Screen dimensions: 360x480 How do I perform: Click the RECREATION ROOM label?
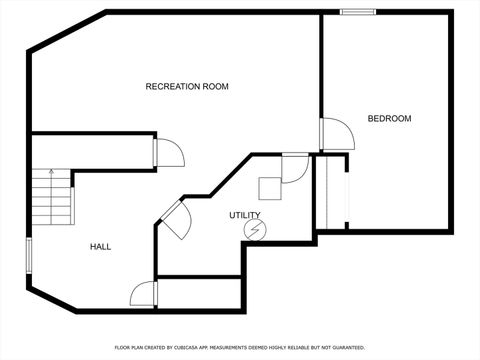[x=187, y=87]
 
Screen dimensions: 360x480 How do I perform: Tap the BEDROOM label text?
[x=389, y=119]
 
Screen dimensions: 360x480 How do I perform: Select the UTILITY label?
[x=244, y=215]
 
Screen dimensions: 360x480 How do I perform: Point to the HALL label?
[x=100, y=246]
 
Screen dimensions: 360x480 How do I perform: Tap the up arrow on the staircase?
[x=47, y=174]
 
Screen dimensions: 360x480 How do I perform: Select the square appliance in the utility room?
[x=270, y=189]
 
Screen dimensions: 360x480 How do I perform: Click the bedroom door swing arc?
[x=336, y=134]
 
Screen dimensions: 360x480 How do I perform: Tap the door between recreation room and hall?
[x=168, y=152]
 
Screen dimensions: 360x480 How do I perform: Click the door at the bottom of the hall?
[x=144, y=294]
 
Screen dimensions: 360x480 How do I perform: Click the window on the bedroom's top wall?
[x=357, y=12]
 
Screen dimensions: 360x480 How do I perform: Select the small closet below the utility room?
[x=201, y=293]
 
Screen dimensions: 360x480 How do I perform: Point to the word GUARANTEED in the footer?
[x=346, y=347]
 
